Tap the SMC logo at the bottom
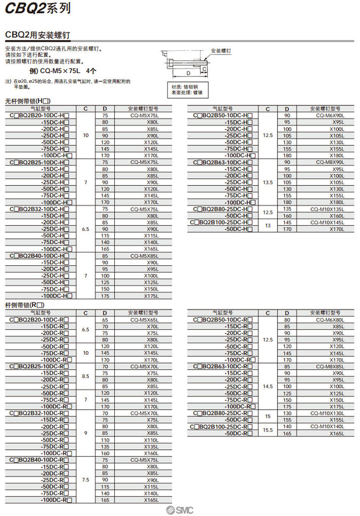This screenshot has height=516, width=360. pyautogui.click(x=180, y=510)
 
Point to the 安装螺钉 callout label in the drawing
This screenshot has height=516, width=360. pyautogui.click(x=221, y=50)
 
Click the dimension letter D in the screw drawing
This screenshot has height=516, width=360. pyautogui.click(x=189, y=72)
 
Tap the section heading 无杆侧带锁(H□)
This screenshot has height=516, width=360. pyautogui.click(x=28, y=102)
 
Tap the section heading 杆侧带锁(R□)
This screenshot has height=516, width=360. pyautogui.click(x=24, y=305)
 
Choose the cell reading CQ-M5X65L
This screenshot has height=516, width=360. pyautogui.click(x=144, y=319)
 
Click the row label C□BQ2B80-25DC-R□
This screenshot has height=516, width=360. pyautogui.click(x=223, y=413)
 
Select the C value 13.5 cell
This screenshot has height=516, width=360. pyautogui.click(x=268, y=182)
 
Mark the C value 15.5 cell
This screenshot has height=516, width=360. pyautogui.click(x=268, y=430)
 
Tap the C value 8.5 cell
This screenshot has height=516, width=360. pyautogui.click(x=85, y=376)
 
